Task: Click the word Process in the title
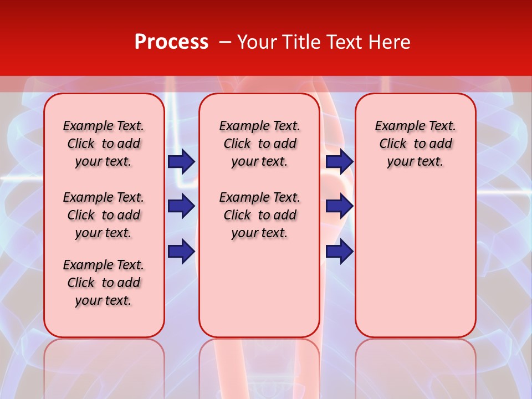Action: (171, 42)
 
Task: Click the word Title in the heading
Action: (300, 42)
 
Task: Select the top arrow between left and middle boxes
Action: (181, 161)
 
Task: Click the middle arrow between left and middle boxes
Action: (181, 206)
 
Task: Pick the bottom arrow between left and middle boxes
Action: (181, 251)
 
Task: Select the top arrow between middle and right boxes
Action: (339, 161)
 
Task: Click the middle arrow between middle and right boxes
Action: (339, 206)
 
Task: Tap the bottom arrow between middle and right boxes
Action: (339, 251)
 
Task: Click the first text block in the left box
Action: (103, 144)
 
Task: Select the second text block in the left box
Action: (103, 215)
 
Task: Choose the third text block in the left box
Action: (103, 283)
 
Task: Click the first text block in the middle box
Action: (259, 144)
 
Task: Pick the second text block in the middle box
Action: (259, 215)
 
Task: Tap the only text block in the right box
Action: (415, 144)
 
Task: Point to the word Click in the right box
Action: (393, 144)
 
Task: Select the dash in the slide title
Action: (225, 42)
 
